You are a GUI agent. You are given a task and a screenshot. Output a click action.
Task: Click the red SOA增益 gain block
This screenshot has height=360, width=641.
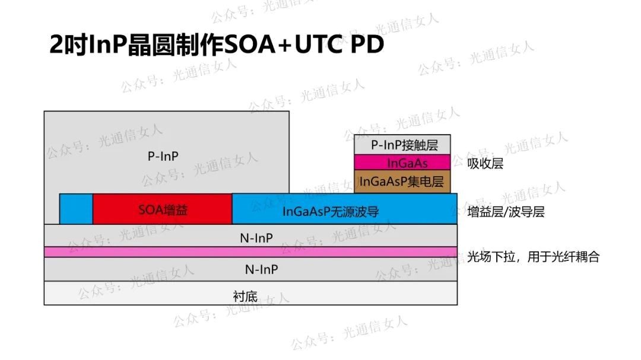pyautogui.click(x=162, y=209)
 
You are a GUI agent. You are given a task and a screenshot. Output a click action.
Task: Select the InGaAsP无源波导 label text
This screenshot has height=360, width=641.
pyautogui.click(x=331, y=211)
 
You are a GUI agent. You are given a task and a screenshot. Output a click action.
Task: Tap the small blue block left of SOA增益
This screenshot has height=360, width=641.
pyautogui.click(x=76, y=209)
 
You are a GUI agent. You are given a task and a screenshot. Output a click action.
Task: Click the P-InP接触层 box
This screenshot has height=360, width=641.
pyautogui.click(x=402, y=145)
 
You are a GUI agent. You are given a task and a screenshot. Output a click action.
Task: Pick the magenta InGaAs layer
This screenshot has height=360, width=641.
pyautogui.click(x=402, y=163)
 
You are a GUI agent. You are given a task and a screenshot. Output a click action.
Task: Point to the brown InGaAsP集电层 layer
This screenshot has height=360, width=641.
pyautogui.click(x=402, y=181)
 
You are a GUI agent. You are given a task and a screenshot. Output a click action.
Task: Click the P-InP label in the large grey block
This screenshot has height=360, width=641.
pyautogui.click(x=163, y=156)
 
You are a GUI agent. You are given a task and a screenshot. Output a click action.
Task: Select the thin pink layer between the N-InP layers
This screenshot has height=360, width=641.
pyautogui.click(x=250, y=251)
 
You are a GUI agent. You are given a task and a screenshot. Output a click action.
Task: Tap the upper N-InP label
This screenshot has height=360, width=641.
pyautogui.click(x=256, y=238)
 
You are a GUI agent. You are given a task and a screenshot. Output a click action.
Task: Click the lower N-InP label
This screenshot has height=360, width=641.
pyautogui.click(x=262, y=269)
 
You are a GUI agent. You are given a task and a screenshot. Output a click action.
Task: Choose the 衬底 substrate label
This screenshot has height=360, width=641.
pyautogui.click(x=245, y=296)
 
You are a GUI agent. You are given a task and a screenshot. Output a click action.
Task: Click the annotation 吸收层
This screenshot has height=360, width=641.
pyautogui.click(x=485, y=164)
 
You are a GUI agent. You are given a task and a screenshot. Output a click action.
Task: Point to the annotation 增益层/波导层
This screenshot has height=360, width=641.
pyautogui.click(x=506, y=212)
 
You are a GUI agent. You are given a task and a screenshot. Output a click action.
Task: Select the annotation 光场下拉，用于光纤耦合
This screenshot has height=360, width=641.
pyautogui.click(x=533, y=257)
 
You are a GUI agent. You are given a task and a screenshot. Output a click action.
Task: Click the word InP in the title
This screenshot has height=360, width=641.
pyautogui.click(x=107, y=44)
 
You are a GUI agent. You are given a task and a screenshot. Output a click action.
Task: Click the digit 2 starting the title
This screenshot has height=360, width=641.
pyautogui.click(x=56, y=44)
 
